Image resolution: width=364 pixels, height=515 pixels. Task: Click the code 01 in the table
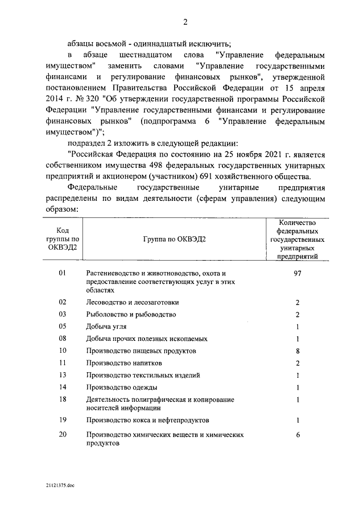(x=63, y=274)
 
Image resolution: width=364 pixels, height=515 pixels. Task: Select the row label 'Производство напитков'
(x=125, y=362)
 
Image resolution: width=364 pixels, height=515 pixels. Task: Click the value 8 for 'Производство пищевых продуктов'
(x=297, y=351)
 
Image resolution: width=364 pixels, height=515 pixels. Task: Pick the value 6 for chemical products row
(x=297, y=435)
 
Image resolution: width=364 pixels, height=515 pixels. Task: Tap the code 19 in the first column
(x=63, y=420)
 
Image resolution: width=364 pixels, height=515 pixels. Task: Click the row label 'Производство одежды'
(x=122, y=387)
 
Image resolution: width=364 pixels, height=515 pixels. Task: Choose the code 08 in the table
(x=63, y=339)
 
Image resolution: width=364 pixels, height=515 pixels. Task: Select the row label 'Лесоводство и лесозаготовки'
(x=131, y=303)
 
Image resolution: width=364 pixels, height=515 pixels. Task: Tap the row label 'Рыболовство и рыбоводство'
(x=131, y=315)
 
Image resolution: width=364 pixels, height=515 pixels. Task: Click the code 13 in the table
(x=63, y=374)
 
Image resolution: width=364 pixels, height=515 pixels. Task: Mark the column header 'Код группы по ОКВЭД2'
(x=63, y=239)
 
